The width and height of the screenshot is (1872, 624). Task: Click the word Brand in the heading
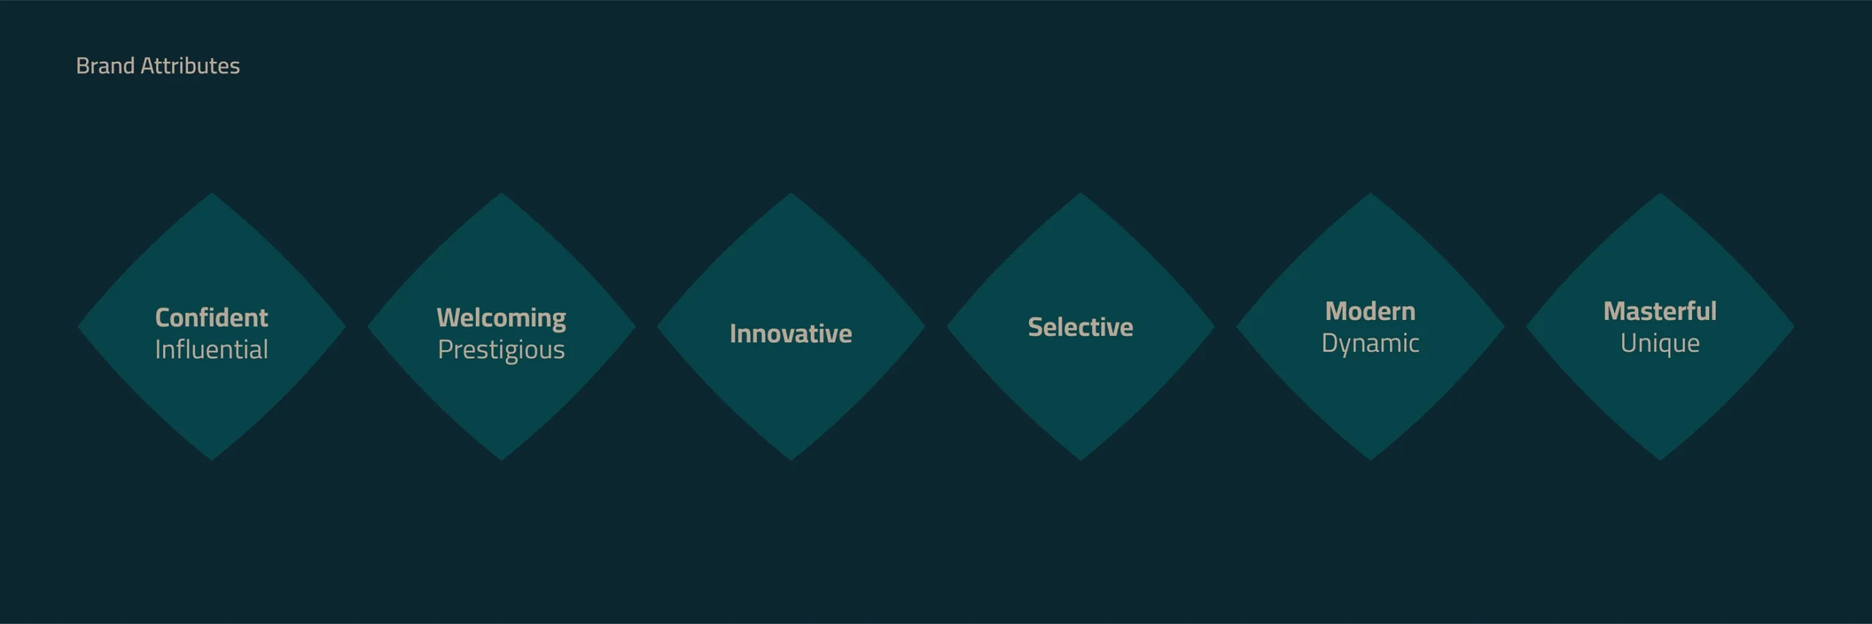pyautogui.click(x=105, y=66)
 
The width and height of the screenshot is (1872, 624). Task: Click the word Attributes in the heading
pyautogui.click(x=189, y=66)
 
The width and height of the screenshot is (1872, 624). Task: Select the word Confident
pyautogui.click(x=211, y=318)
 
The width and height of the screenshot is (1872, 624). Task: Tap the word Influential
pyautogui.click(x=211, y=350)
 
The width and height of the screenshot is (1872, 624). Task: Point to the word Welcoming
pyautogui.click(x=501, y=318)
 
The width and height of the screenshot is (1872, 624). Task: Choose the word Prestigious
pyautogui.click(x=501, y=350)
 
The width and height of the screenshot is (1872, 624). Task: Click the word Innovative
pyautogui.click(x=790, y=334)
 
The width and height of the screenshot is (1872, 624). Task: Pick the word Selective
pyautogui.click(x=1080, y=327)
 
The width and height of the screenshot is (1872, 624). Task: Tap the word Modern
pyautogui.click(x=1370, y=311)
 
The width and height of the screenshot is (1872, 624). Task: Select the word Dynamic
pyautogui.click(x=1370, y=343)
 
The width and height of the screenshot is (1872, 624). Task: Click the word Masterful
pyautogui.click(x=1659, y=311)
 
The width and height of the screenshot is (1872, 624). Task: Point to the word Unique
pyautogui.click(x=1659, y=343)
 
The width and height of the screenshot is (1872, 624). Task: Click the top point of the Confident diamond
pyautogui.click(x=211, y=195)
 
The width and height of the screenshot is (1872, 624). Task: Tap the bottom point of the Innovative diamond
pyautogui.click(x=790, y=458)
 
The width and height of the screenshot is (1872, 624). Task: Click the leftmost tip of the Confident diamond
pyautogui.click(x=80, y=327)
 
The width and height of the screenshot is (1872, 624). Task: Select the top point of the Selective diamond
pyautogui.click(x=1080, y=195)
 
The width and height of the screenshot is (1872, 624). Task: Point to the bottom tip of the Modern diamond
pyautogui.click(x=1370, y=458)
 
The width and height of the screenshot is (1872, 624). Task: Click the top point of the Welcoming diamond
pyautogui.click(x=501, y=195)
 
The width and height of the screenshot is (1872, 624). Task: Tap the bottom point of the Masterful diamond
pyautogui.click(x=1659, y=458)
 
